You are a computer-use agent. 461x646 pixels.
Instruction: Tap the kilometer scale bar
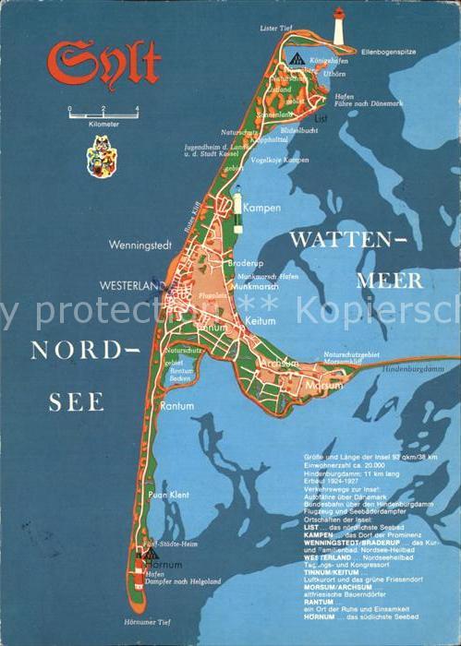(102, 112)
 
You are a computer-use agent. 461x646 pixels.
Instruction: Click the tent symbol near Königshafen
(296, 59)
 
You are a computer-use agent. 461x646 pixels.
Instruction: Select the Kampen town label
(262, 208)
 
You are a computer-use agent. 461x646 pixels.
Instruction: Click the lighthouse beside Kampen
(237, 203)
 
